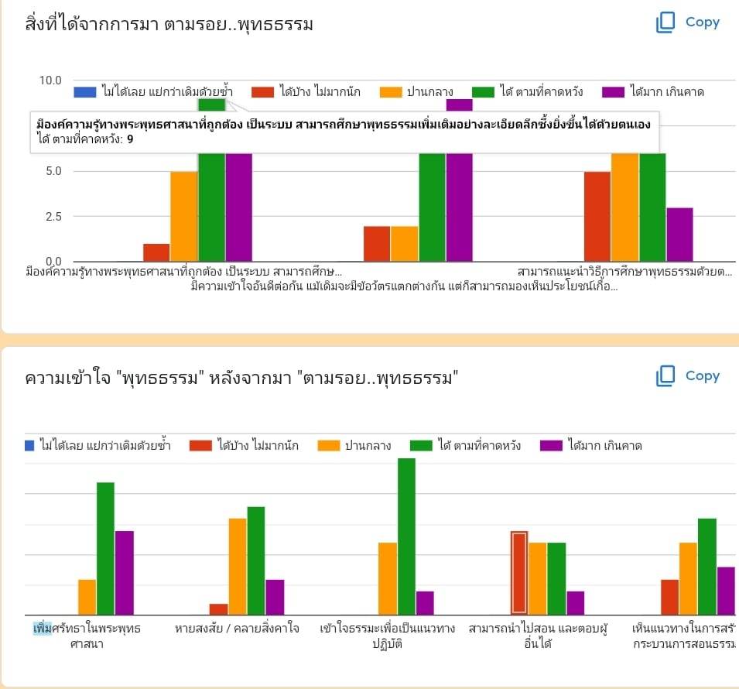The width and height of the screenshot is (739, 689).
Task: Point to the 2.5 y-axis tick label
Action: (51, 216)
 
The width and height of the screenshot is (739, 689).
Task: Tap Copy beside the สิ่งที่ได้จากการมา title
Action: (688, 22)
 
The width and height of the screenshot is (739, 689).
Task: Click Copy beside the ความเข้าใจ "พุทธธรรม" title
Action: (688, 376)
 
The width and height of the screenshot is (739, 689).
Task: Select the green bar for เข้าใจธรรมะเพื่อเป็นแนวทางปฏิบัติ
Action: (406, 536)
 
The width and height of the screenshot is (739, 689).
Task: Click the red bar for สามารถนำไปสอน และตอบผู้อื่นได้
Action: (518, 572)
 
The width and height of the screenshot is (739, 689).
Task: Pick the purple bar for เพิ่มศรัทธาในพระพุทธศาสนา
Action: (125, 572)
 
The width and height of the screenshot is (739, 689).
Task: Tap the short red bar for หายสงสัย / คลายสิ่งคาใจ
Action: (219, 608)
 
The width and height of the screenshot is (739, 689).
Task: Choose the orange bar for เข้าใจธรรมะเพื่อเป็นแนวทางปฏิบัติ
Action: (388, 578)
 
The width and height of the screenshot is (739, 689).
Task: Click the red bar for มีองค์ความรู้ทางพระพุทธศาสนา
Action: (156, 252)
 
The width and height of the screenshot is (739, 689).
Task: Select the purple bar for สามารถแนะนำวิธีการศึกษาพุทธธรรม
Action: (679, 235)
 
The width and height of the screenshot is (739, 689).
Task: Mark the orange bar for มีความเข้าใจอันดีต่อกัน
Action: (404, 244)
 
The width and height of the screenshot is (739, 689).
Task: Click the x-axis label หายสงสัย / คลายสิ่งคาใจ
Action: (237, 628)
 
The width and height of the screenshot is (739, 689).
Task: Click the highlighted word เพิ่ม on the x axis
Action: (42, 627)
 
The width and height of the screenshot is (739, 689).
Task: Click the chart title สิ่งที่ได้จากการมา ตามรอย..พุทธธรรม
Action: (169, 26)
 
